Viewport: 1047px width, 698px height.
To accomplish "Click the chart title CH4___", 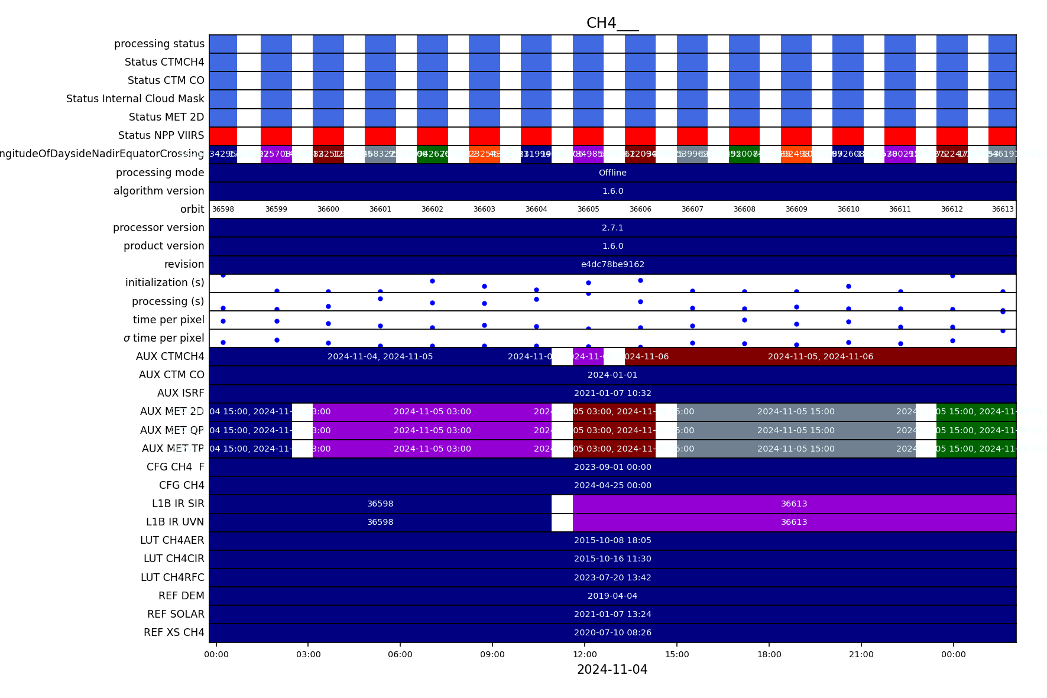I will (612, 23).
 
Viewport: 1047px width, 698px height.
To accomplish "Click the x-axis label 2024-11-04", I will (612, 670).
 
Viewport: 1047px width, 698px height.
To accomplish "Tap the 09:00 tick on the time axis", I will (492, 654).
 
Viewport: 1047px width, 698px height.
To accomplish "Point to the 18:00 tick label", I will (769, 654).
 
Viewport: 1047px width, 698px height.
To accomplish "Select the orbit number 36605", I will (588, 209).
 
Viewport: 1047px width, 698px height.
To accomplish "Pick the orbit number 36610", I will (848, 209).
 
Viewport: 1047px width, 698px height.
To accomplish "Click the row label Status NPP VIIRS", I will (161, 135).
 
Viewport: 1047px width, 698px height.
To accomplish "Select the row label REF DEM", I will (181, 596).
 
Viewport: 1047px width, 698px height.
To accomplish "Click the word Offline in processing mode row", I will (612, 173).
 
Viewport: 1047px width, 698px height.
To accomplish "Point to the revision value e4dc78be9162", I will (612, 264).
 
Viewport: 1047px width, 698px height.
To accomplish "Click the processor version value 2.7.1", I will (612, 228).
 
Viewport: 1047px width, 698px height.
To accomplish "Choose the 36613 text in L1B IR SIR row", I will (794, 504).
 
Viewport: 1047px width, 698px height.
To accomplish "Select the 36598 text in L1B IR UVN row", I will (380, 522).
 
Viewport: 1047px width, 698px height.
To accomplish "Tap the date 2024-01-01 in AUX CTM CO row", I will (612, 375).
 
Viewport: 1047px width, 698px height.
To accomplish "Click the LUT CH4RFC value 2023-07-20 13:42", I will (612, 577).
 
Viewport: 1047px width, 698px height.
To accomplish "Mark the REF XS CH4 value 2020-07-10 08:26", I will (612, 632).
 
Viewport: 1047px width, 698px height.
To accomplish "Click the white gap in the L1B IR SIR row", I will (562, 504).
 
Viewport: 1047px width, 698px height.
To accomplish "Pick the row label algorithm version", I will (158, 191).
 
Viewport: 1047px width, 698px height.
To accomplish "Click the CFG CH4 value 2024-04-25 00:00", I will (612, 485).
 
